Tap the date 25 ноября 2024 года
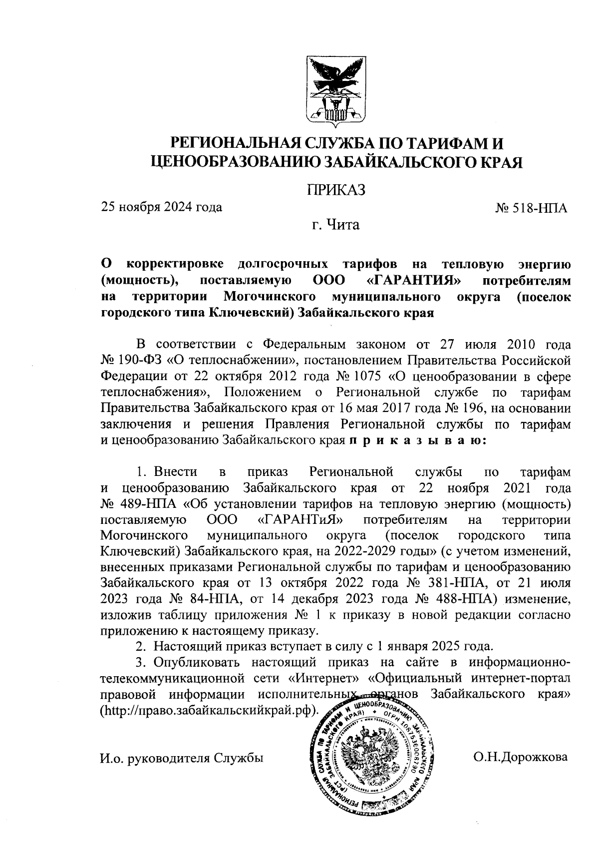162,206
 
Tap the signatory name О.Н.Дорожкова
521,757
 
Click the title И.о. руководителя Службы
182,758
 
